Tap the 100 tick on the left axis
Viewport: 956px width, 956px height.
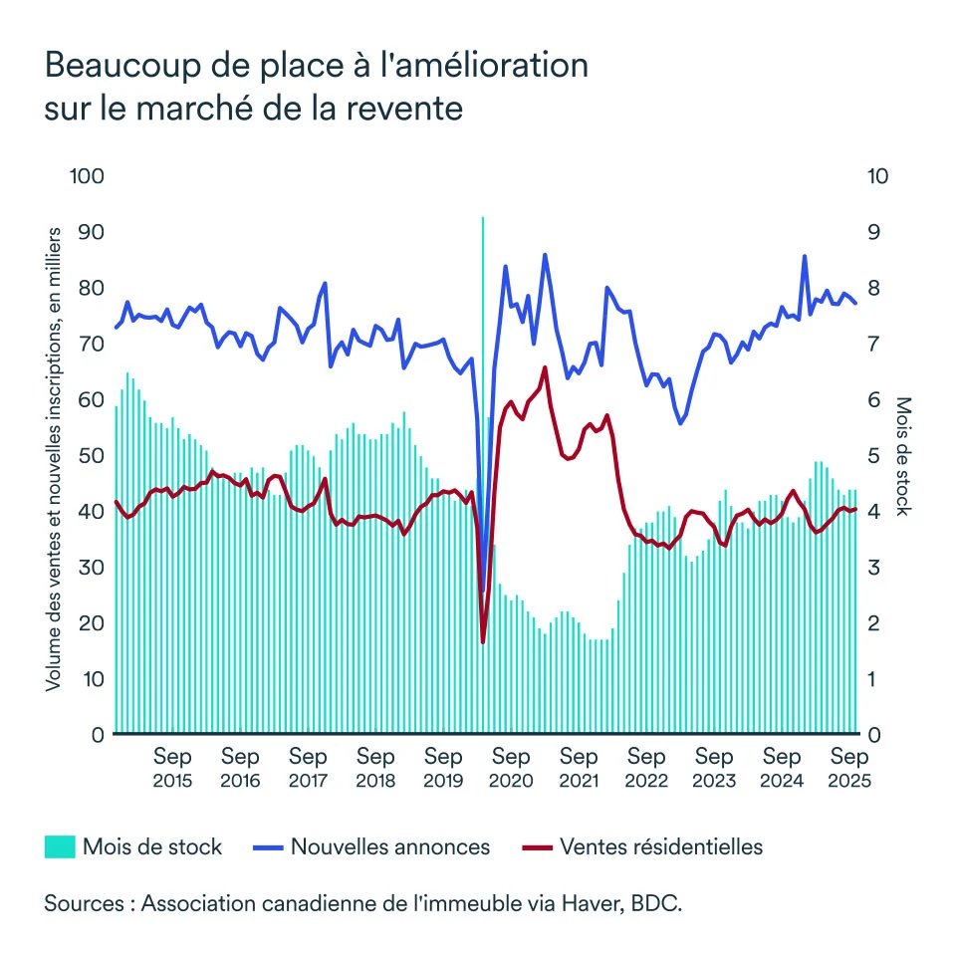(x=87, y=176)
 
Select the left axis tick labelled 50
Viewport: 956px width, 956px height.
(x=91, y=455)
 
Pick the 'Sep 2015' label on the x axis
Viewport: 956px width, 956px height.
(x=172, y=768)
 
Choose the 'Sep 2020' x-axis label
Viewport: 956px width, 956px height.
(x=511, y=768)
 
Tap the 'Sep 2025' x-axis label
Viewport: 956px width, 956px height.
(x=849, y=768)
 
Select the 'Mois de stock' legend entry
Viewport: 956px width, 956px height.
(x=152, y=847)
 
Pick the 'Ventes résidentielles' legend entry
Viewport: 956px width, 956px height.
(x=661, y=847)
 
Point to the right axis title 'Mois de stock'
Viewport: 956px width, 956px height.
(x=903, y=455)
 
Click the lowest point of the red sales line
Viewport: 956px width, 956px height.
(x=483, y=641)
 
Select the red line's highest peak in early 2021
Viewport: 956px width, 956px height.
(x=545, y=367)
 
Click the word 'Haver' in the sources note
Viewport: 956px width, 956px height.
(x=593, y=904)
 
